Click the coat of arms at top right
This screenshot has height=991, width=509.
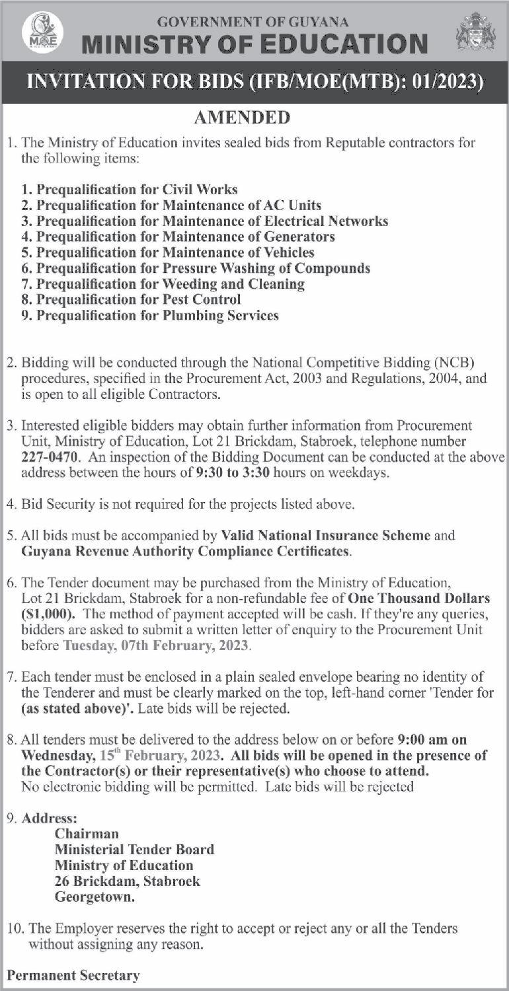tap(470, 32)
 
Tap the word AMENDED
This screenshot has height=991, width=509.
tap(242, 118)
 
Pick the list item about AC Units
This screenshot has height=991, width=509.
tap(171, 205)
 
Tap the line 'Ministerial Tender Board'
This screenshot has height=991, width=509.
tap(134, 850)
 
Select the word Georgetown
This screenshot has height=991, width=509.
tap(95, 897)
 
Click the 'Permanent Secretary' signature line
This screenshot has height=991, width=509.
tap(73, 975)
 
